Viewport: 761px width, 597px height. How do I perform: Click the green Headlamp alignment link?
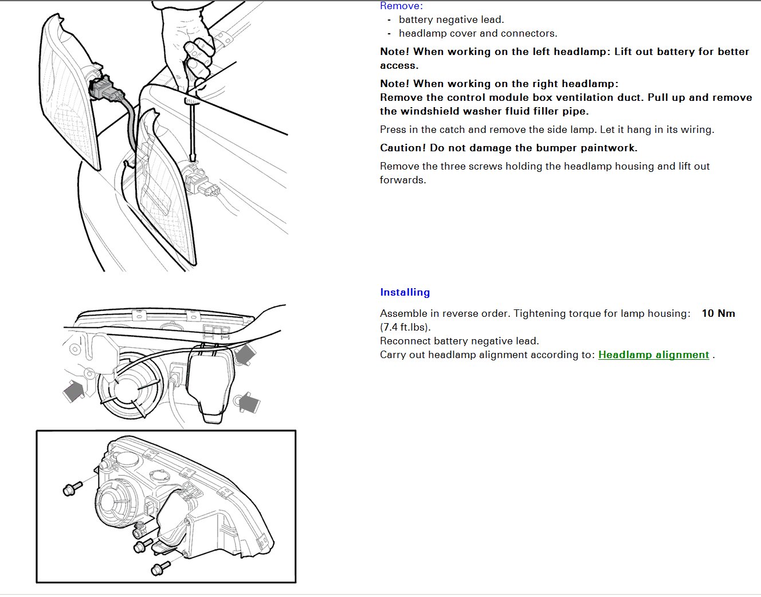click(653, 355)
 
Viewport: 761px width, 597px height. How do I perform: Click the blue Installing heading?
click(405, 292)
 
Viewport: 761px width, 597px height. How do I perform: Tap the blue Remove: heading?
click(401, 6)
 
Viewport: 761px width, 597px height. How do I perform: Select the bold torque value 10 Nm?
click(718, 313)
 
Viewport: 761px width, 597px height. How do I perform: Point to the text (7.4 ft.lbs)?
click(405, 327)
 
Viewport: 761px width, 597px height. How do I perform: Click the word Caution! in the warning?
click(403, 148)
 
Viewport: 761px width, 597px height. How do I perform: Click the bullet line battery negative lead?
click(452, 19)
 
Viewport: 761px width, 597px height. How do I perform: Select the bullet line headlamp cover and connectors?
click(478, 33)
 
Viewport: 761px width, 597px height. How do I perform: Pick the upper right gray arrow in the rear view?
click(245, 354)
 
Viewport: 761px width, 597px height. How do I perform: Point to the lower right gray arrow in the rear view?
click(249, 402)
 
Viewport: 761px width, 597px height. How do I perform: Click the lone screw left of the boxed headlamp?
click(73, 488)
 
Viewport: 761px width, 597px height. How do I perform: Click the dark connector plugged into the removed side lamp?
click(103, 87)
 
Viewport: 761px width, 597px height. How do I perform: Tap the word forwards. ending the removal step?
click(403, 180)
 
